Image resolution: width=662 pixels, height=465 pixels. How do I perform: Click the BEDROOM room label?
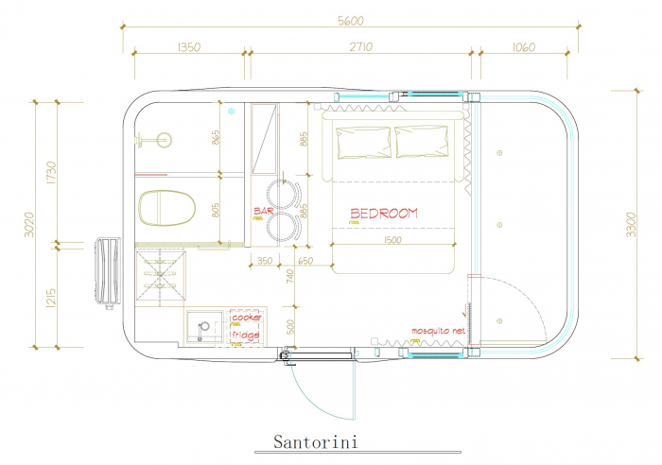[x=384, y=213]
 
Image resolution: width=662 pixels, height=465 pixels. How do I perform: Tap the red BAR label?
[x=263, y=211]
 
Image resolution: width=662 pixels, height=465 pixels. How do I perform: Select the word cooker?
[x=247, y=318]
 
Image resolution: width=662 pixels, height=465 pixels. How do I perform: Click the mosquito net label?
[x=438, y=331]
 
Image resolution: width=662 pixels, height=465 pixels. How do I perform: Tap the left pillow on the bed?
[x=363, y=141]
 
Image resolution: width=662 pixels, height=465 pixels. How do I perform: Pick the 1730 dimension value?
[x=51, y=172]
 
